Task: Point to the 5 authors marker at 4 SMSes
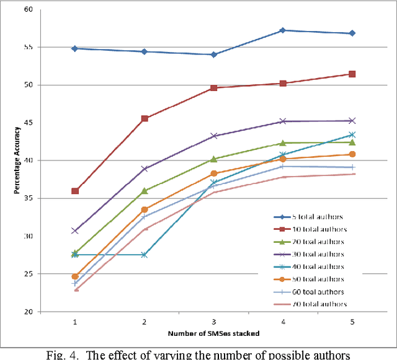coord(283,30)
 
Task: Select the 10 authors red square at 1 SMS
coord(75,191)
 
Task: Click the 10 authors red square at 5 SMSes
coord(352,74)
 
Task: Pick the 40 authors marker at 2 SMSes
coord(145,255)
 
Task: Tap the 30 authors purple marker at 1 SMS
coord(75,230)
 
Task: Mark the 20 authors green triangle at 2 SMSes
coord(145,191)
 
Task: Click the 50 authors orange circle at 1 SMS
coord(75,276)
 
